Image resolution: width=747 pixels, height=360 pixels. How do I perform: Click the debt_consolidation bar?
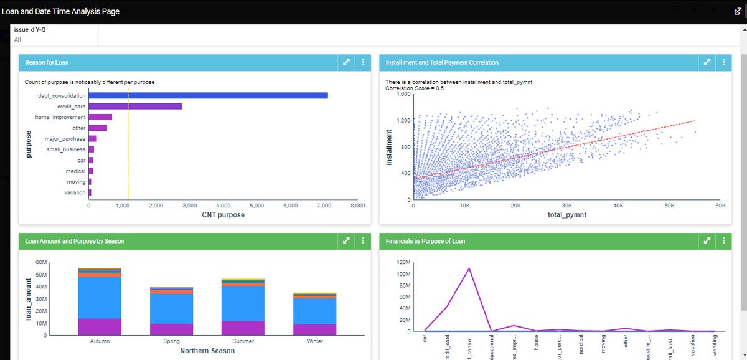point(208,95)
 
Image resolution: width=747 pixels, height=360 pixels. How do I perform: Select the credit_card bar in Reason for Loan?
point(135,107)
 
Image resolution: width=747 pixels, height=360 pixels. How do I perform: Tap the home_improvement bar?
point(100,117)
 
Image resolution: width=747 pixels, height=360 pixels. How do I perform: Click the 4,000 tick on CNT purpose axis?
point(223,205)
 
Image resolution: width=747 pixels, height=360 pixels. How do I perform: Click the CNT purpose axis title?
point(223,215)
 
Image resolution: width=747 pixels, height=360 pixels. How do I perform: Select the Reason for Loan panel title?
point(47,62)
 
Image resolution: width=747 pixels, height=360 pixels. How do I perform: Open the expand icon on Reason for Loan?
point(346,62)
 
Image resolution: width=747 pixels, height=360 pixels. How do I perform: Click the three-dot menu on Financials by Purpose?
point(723,240)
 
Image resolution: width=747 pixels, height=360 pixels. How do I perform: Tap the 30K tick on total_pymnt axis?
point(567,205)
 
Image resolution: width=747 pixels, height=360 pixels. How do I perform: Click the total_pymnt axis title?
point(567,215)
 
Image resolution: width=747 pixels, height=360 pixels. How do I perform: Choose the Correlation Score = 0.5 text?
point(419,88)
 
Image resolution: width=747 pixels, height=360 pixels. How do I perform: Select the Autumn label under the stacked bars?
point(100,341)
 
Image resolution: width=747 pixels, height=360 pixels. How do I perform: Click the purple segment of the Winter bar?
point(314,329)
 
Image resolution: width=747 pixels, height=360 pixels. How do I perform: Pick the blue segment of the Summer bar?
point(243,303)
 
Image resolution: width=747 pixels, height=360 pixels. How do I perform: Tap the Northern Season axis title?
point(207,351)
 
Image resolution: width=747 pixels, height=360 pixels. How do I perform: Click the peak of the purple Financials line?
point(469,268)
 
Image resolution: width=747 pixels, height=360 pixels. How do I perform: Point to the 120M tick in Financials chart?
point(403,263)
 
